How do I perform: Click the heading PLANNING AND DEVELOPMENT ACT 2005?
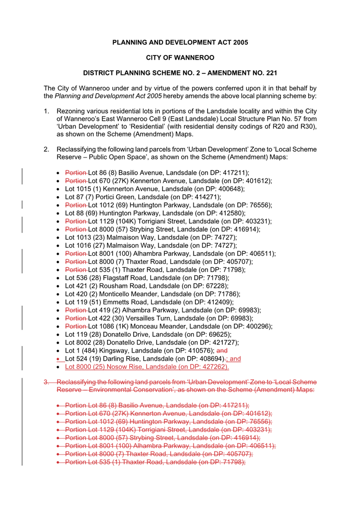[180, 42]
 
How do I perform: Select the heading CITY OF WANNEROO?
[180, 58]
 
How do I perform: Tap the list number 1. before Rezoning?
[46, 111]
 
